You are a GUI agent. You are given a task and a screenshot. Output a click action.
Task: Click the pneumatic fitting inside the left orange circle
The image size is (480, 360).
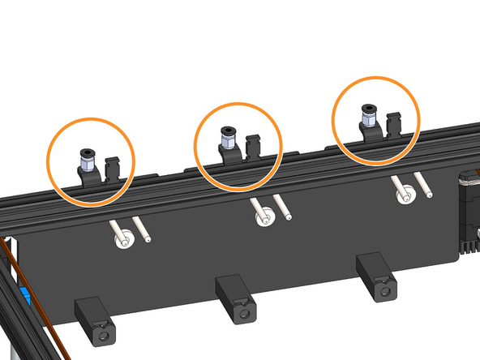(86, 160)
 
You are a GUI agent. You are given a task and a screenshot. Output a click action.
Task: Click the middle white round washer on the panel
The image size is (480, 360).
(264, 218)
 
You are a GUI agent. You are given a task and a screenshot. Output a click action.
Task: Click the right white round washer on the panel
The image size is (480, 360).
(405, 195)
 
